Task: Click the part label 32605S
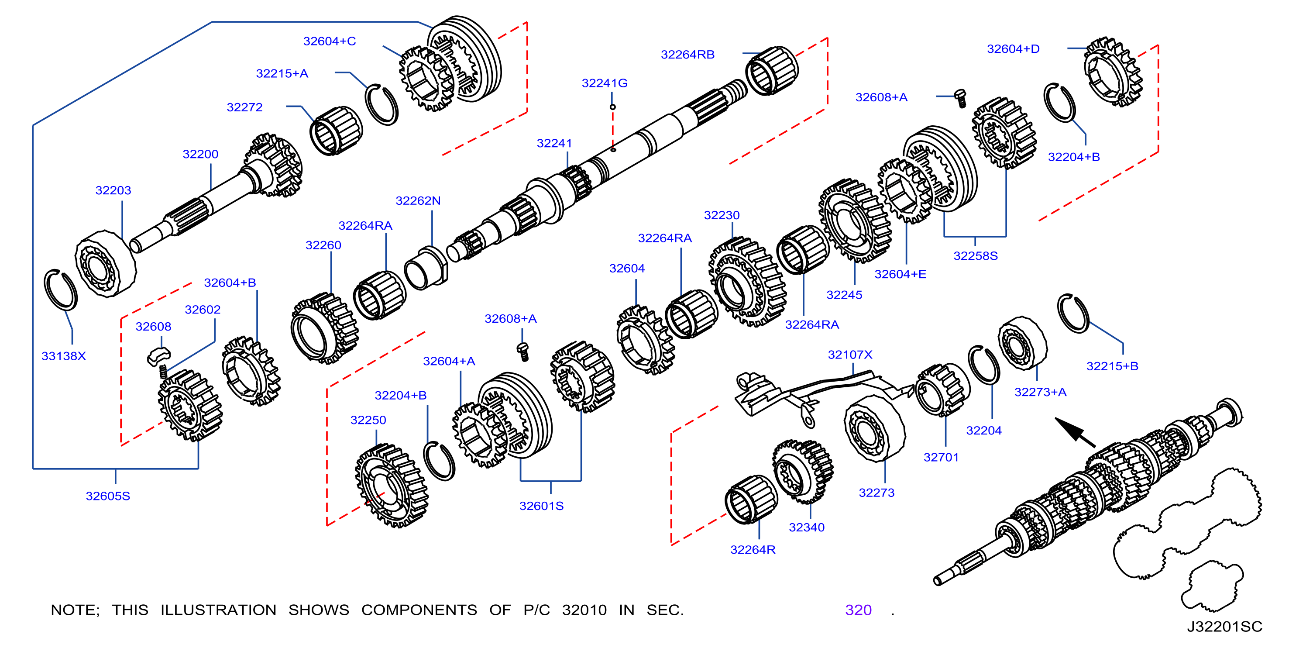point(108,496)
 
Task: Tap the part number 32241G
point(605,83)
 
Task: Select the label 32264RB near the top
point(687,55)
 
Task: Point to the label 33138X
point(64,356)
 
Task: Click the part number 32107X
point(850,354)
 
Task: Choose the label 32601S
point(541,506)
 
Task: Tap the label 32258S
point(976,256)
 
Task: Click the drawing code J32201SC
point(1224,627)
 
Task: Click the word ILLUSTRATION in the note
point(218,610)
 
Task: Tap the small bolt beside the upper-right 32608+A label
point(961,98)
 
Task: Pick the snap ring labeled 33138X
point(61,290)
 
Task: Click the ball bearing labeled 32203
point(106,264)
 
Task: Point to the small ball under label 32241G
point(613,107)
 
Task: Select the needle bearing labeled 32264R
point(751,500)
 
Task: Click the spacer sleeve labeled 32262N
point(426,269)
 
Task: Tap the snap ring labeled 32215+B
point(1073,314)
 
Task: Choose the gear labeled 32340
point(802,472)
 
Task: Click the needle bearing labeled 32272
point(336,131)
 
